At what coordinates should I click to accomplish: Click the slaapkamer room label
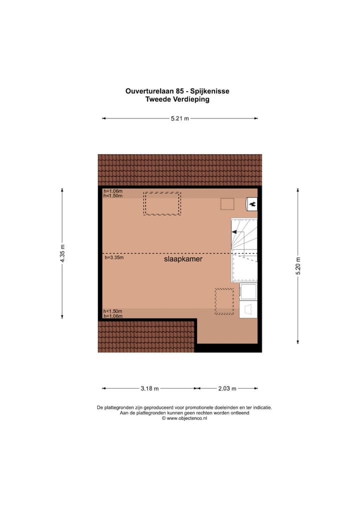pyautogui.click(x=183, y=259)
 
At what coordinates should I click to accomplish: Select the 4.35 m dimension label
pyautogui.click(x=62, y=253)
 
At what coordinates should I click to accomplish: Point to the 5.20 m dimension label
pyautogui.click(x=298, y=266)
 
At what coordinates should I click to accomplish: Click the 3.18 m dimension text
pyautogui.click(x=149, y=388)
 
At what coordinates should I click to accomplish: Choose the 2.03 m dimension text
pyautogui.click(x=227, y=388)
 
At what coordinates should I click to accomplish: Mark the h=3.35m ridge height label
pyautogui.click(x=114, y=258)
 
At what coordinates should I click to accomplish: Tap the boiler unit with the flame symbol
pyautogui.click(x=252, y=203)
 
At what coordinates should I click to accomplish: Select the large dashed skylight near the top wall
pyautogui.click(x=162, y=203)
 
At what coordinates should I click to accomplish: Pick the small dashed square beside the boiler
pyautogui.click(x=227, y=203)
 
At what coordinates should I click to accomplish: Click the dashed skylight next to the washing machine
pyautogui.click(x=224, y=301)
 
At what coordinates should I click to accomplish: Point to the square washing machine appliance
pyautogui.click(x=248, y=291)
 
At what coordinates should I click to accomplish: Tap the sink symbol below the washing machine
pyautogui.click(x=248, y=309)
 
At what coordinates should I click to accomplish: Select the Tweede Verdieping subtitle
pyautogui.click(x=177, y=99)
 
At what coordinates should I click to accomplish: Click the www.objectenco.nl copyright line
pyautogui.click(x=184, y=418)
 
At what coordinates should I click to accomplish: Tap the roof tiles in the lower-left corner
pyautogui.click(x=145, y=336)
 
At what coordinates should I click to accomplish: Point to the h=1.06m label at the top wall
pyautogui.click(x=113, y=191)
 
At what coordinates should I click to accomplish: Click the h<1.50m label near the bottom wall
pyautogui.click(x=113, y=311)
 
